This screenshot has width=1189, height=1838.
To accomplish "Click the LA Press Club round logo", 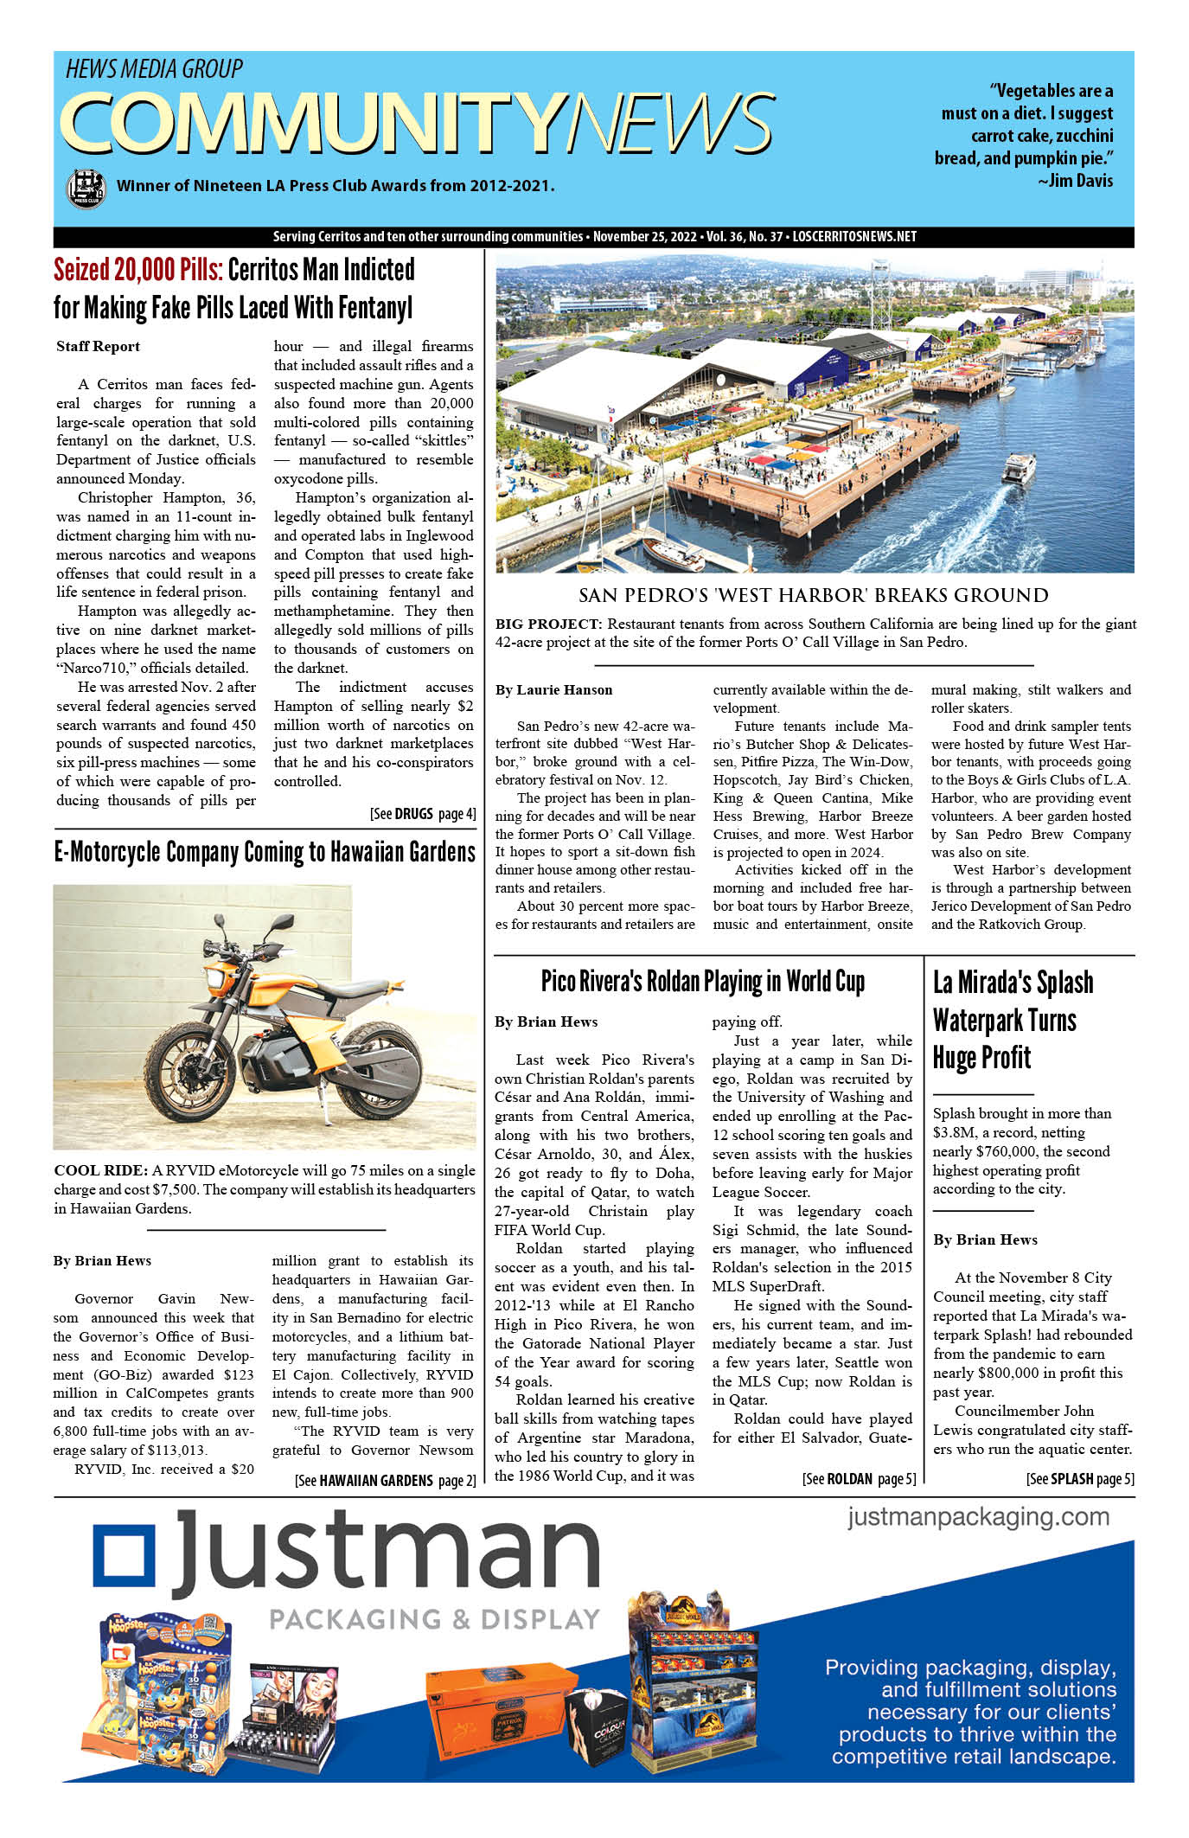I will pyautogui.click(x=86, y=189).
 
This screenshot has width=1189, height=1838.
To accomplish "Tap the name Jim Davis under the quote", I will pyautogui.click(x=1081, y=181).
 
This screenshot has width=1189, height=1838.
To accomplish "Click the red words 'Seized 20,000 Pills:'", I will pyautogui.click(x=138, y=270).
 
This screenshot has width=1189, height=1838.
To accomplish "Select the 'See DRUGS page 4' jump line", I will pyautogui.click(x=422, y=814).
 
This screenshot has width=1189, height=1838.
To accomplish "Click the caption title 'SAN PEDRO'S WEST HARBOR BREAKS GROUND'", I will pyautogui.click(x=813, y=595).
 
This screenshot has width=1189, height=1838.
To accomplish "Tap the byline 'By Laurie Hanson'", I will pyautogui.click(x=553, y=689).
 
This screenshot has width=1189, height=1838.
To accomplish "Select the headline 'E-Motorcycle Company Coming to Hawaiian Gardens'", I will pyautogui.click(x=265, y=852).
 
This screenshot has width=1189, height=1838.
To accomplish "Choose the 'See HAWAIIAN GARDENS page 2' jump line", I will pyautogui.click(x=385, y=1480).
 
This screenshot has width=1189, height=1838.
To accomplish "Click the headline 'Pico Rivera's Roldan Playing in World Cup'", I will pyautogui.click(x=702, y=982).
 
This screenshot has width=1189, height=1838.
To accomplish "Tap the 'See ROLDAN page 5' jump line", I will pyautogui.click(x=858, y=1479).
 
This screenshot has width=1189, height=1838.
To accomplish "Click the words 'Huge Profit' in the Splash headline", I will pyautogui.click(x=981, y=1057).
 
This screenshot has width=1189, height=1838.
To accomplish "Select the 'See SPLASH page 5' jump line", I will pyautogui.click(x=1080, y=1479).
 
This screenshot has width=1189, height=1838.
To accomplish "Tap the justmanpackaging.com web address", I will pyautogui.click(x=978, y=1516).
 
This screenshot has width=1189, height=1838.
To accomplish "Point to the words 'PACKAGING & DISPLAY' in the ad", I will pyautogui.click(x=434, y=1619).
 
